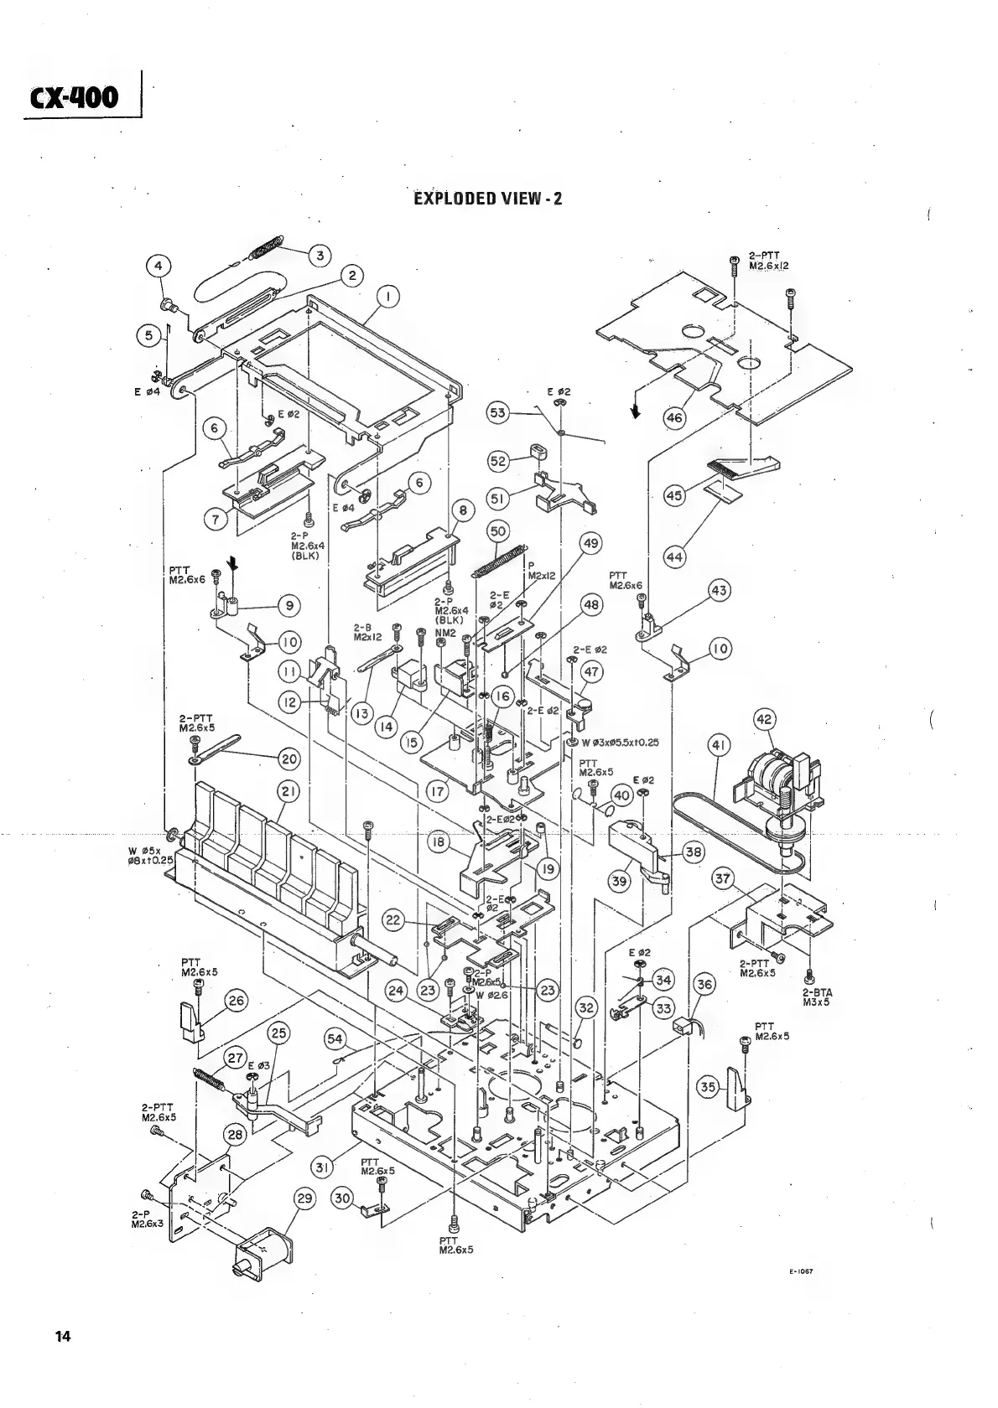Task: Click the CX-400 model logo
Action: tap(75, 99)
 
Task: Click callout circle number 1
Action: tap(387, 295)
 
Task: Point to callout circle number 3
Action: tap(319, 255)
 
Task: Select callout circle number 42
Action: tap(765, 719)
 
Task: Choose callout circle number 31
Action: tap(324, 1166)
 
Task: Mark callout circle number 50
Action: tap(498, 531)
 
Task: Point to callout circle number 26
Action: tap(237, 1000)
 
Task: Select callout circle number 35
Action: tap(709, 1088)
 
